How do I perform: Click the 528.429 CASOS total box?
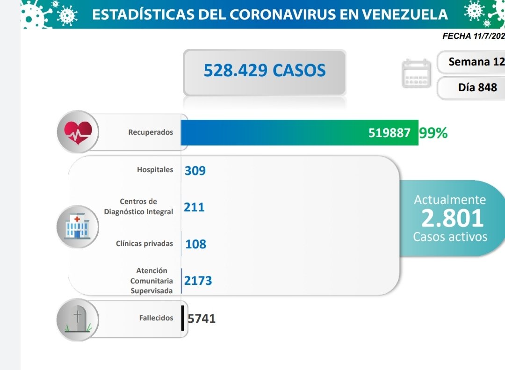(x=265, y=71)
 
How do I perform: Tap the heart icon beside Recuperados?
(x=78, y=132)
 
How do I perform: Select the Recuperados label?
(x=151, y=132)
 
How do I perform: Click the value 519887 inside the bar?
(x=390, y=133)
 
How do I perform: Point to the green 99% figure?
(x=433, y=133)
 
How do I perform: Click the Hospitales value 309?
(x=195, y=171)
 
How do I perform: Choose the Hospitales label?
(x=155, y=170)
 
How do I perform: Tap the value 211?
(x=195, y=207)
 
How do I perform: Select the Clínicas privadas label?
(x=144, y=244)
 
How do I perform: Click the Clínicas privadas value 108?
(x=196, y=244)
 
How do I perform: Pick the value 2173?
(x=198, y=281)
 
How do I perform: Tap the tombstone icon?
(x=78, y=319)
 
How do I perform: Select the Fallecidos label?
(x=156, y=318)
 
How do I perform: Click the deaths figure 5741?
(x=202, y=319)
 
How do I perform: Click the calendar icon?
(x=417, y=74)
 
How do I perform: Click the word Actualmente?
(x=450, y=200)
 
